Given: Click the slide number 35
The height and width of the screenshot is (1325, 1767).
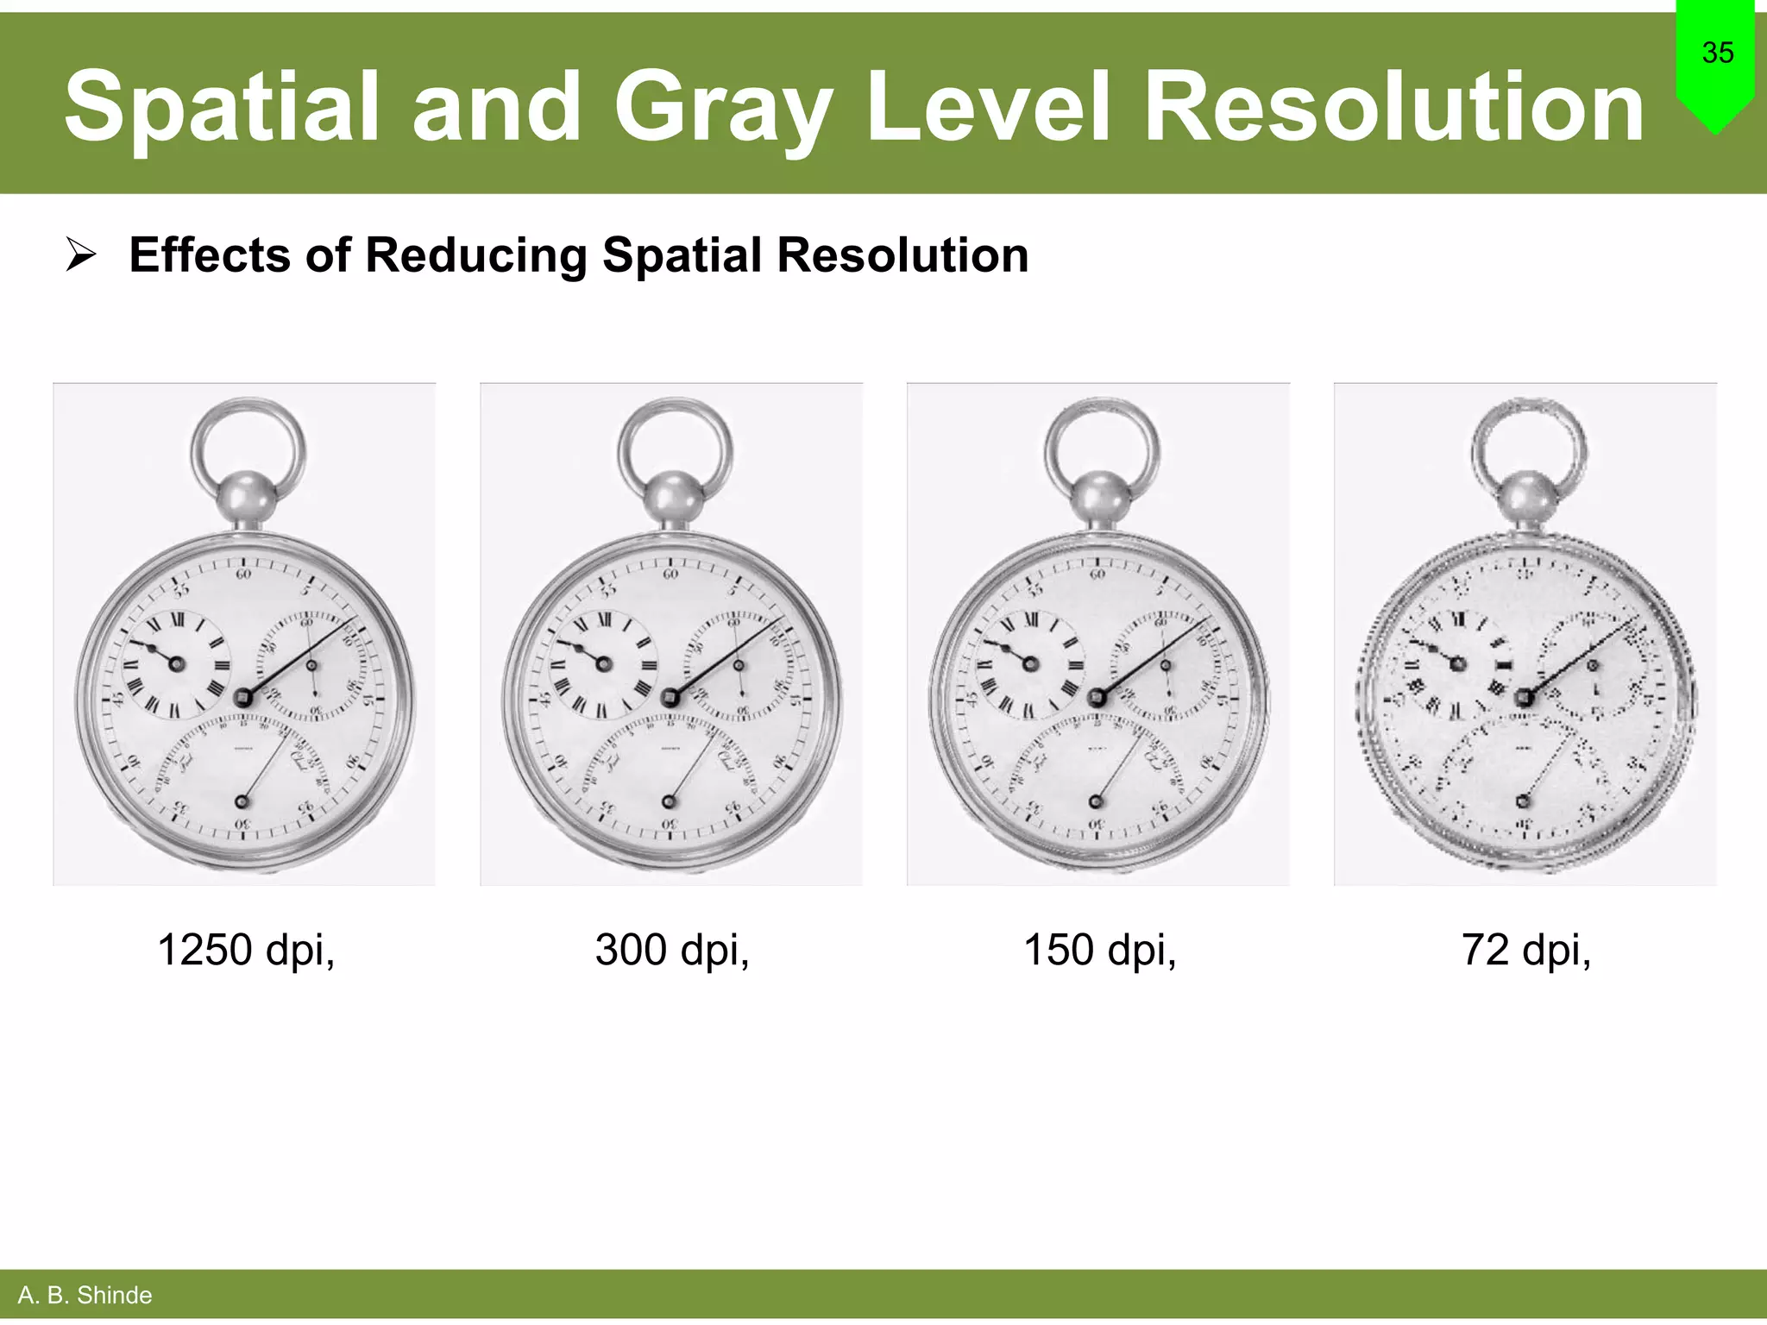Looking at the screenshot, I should pos(1717,53).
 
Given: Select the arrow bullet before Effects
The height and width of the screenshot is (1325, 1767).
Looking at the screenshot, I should pos(81,256).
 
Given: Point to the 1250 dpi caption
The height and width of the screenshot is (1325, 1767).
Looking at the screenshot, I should pos(246,950).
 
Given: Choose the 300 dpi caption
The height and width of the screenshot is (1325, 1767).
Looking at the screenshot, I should pos(672,950).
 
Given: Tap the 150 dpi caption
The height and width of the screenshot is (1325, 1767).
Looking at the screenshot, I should pos(1099,950).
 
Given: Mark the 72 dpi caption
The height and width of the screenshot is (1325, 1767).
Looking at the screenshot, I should pos(1525,950).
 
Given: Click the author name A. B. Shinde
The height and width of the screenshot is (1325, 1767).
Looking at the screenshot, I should pos(85,1295).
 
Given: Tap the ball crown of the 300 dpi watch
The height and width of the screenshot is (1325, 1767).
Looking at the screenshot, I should pos(674,499).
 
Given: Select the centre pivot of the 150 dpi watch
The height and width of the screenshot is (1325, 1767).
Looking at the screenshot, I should pos(1097,697).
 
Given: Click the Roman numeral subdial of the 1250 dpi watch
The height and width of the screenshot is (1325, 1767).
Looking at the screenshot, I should pos(176,663).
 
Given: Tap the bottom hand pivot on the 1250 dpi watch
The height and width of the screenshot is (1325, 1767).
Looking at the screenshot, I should pos(242,802).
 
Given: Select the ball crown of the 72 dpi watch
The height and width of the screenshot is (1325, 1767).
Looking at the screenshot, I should pos(1527,499).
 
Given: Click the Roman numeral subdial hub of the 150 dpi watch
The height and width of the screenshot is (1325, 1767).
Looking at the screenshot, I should pos(1030,663).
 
